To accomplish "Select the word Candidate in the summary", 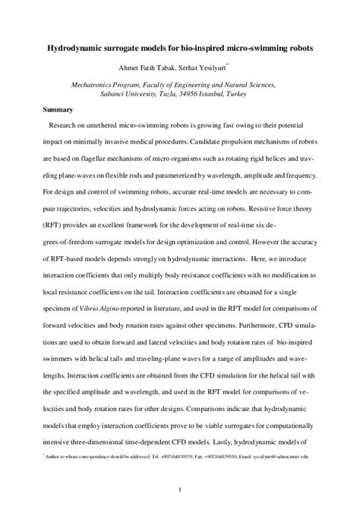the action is point(200,141).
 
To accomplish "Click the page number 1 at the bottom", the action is point(178,488).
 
